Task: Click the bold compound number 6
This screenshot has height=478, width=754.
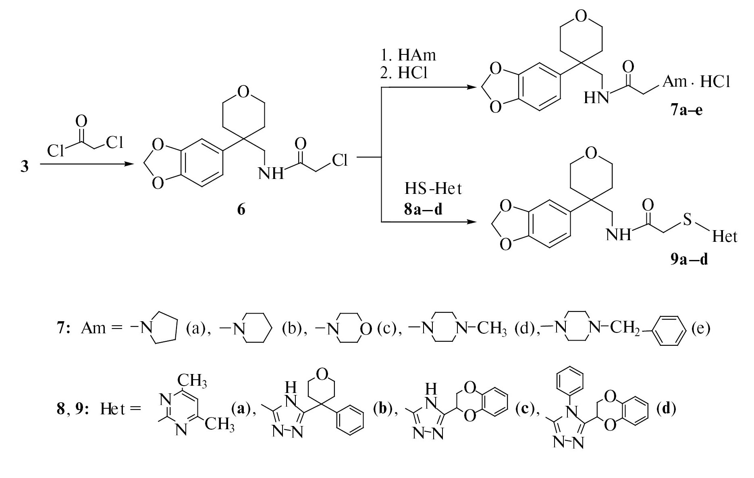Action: (241, 210)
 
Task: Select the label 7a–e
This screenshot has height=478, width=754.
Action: (687, 110)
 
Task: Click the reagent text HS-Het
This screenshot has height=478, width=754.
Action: (433, 189)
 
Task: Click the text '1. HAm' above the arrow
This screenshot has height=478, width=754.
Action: (408, 54)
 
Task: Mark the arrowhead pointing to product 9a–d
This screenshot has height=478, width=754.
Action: (472, 222)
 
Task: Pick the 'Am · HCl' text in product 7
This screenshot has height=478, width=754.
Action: (696, 82)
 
